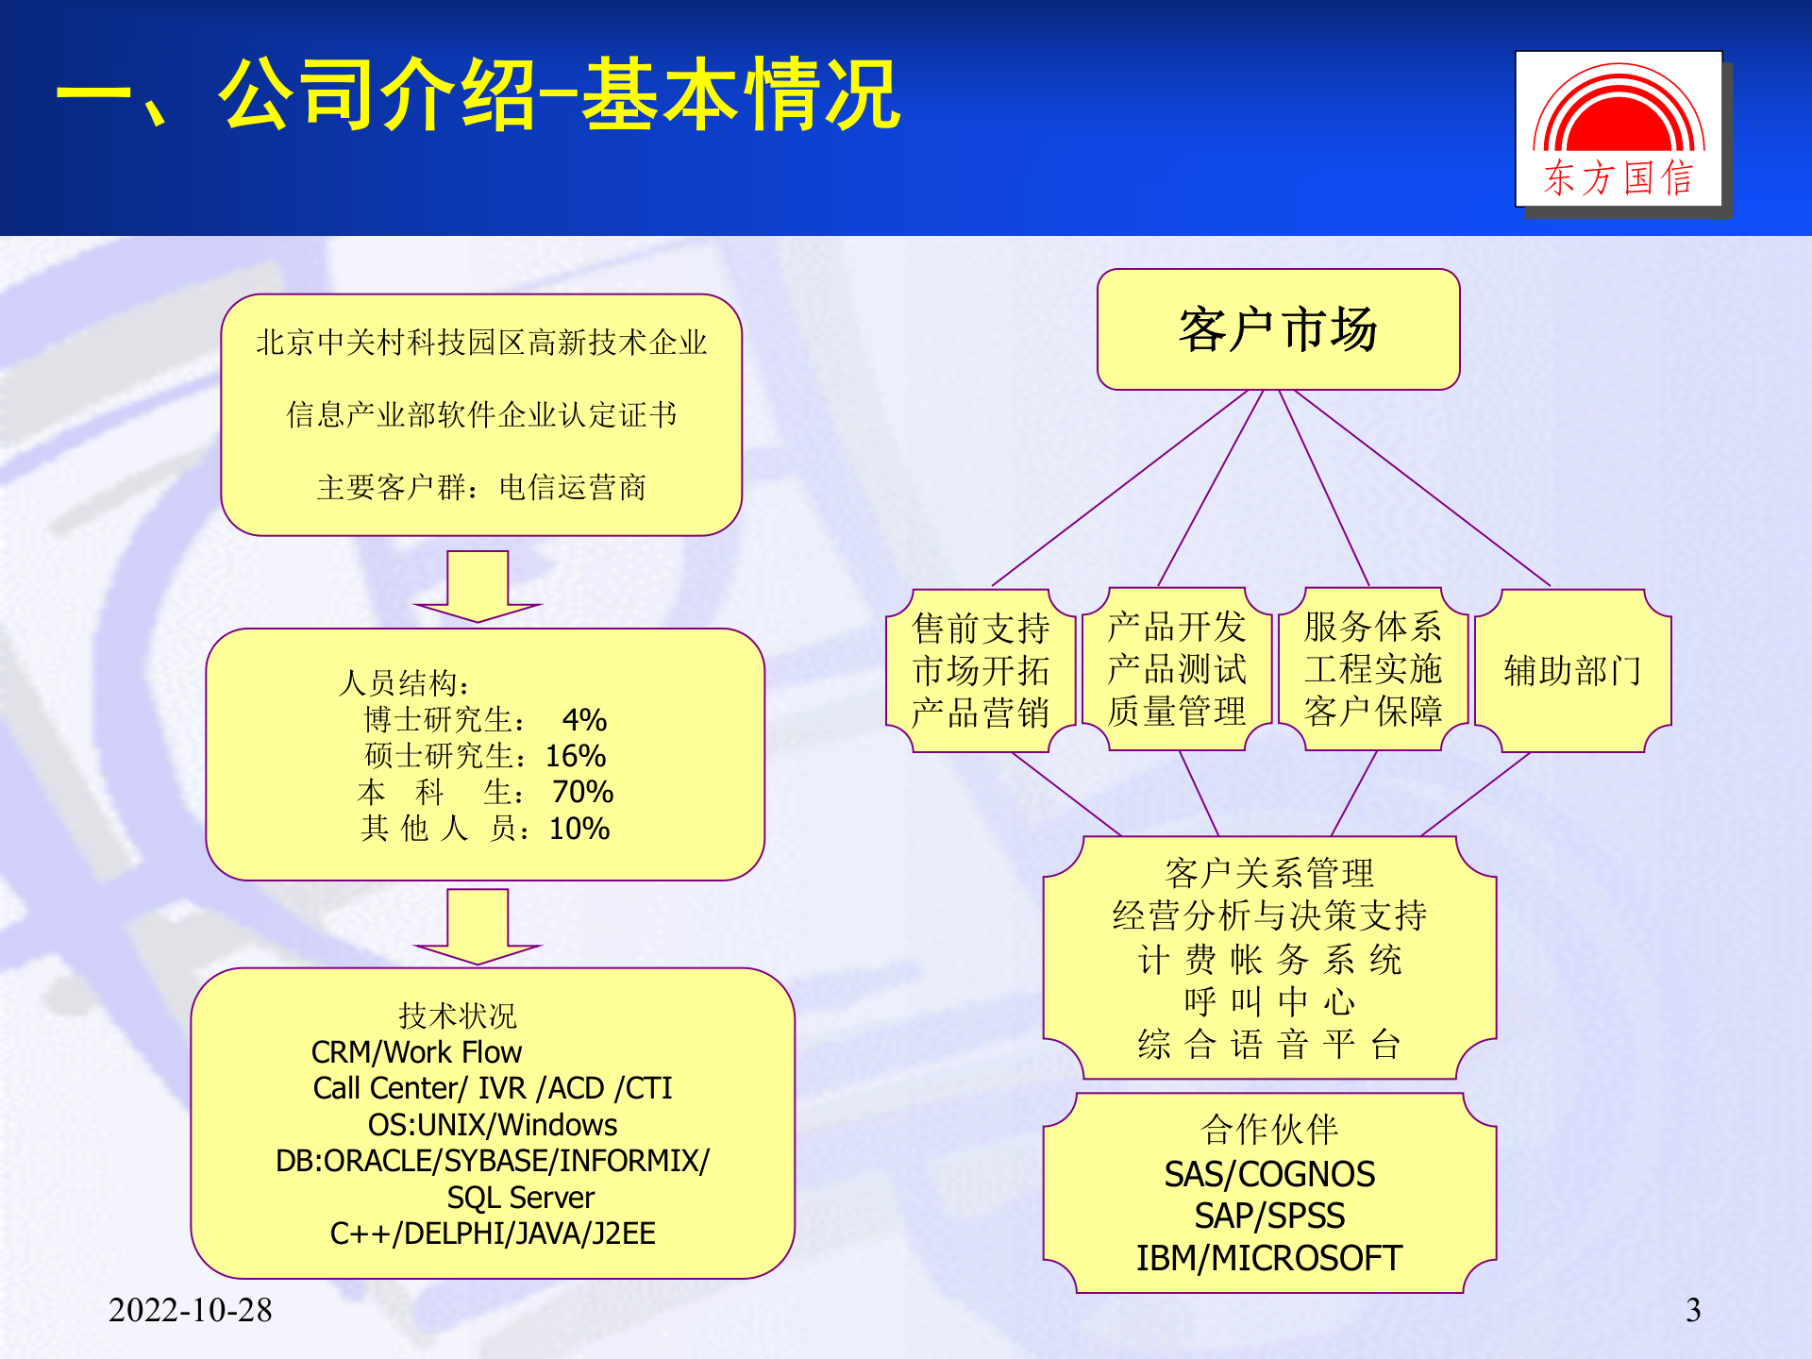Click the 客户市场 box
pyautogui.click(x=1278, y=329)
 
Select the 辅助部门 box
pyautogui.click(x=1572, y=671)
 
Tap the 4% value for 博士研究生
pyautogui.click(x=584, y=720)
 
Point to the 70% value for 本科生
pyautogui.click(x=582, y=792)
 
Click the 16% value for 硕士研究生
pyautogui.click(x=576, y=756)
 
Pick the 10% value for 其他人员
pyautogui.click(x=579, y=829)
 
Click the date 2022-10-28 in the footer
pyautogui.click(x=190, y=1309)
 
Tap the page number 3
pyautogui.click(x=1693, y=1309)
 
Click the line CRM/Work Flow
pyautogui.click(x=416, y=1052)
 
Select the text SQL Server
pyautogui.click(x=520, y=1198)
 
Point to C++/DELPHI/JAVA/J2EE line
pyautogui.click(x=492, y=1233)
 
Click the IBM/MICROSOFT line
pyautogui.click(x=1268, y=1258)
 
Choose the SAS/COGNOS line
pyautogui.click(x=1268, y=1175)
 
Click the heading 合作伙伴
pyautogui.click(x=1268, y=1129)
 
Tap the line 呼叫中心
pyautogui.click(x=1268, y=1001)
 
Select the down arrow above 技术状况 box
pyautogui.click(x=478, y=926)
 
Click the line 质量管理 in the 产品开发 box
pyautogui.click(x=1176, y=712)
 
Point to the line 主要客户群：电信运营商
pyautogui.click(x=481, y=488)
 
